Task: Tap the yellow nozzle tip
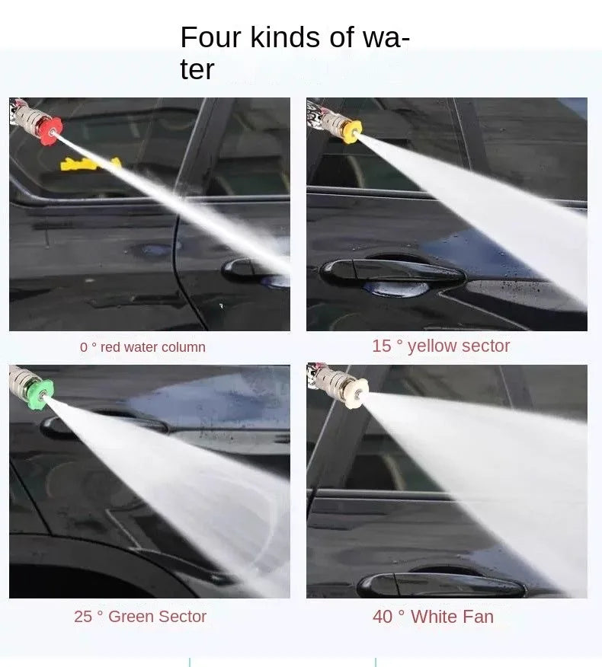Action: tap(351, 130)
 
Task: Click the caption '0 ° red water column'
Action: tap(142, 347)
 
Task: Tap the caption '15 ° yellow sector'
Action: tap(440, 346)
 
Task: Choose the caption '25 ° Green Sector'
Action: tap(140, 617)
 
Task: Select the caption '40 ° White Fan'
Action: tap(433, 617)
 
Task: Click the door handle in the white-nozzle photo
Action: tap(442, 586)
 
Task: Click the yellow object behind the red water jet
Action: tap(90, 163)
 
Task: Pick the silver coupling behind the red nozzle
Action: tap(28, 118)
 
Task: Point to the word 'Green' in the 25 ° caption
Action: tap(132, 617)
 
